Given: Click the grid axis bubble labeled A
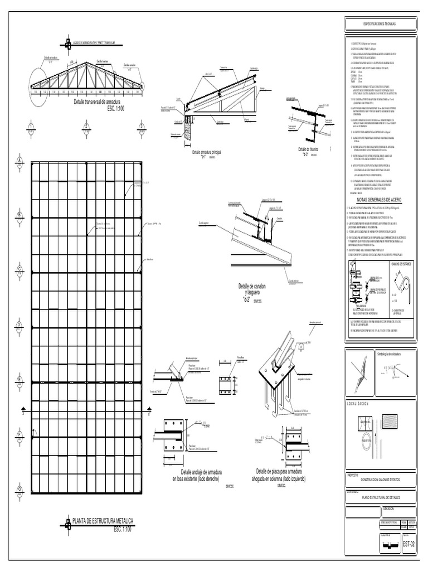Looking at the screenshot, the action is pos(20,161).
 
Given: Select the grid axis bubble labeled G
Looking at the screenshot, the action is pos(20,490).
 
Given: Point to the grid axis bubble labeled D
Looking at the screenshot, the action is pos(20,325).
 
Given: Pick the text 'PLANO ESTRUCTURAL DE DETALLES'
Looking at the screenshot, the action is pos(381,496).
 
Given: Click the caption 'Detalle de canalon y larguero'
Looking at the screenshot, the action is pos(252,290).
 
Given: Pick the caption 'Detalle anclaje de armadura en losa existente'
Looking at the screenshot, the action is pos(196,475).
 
